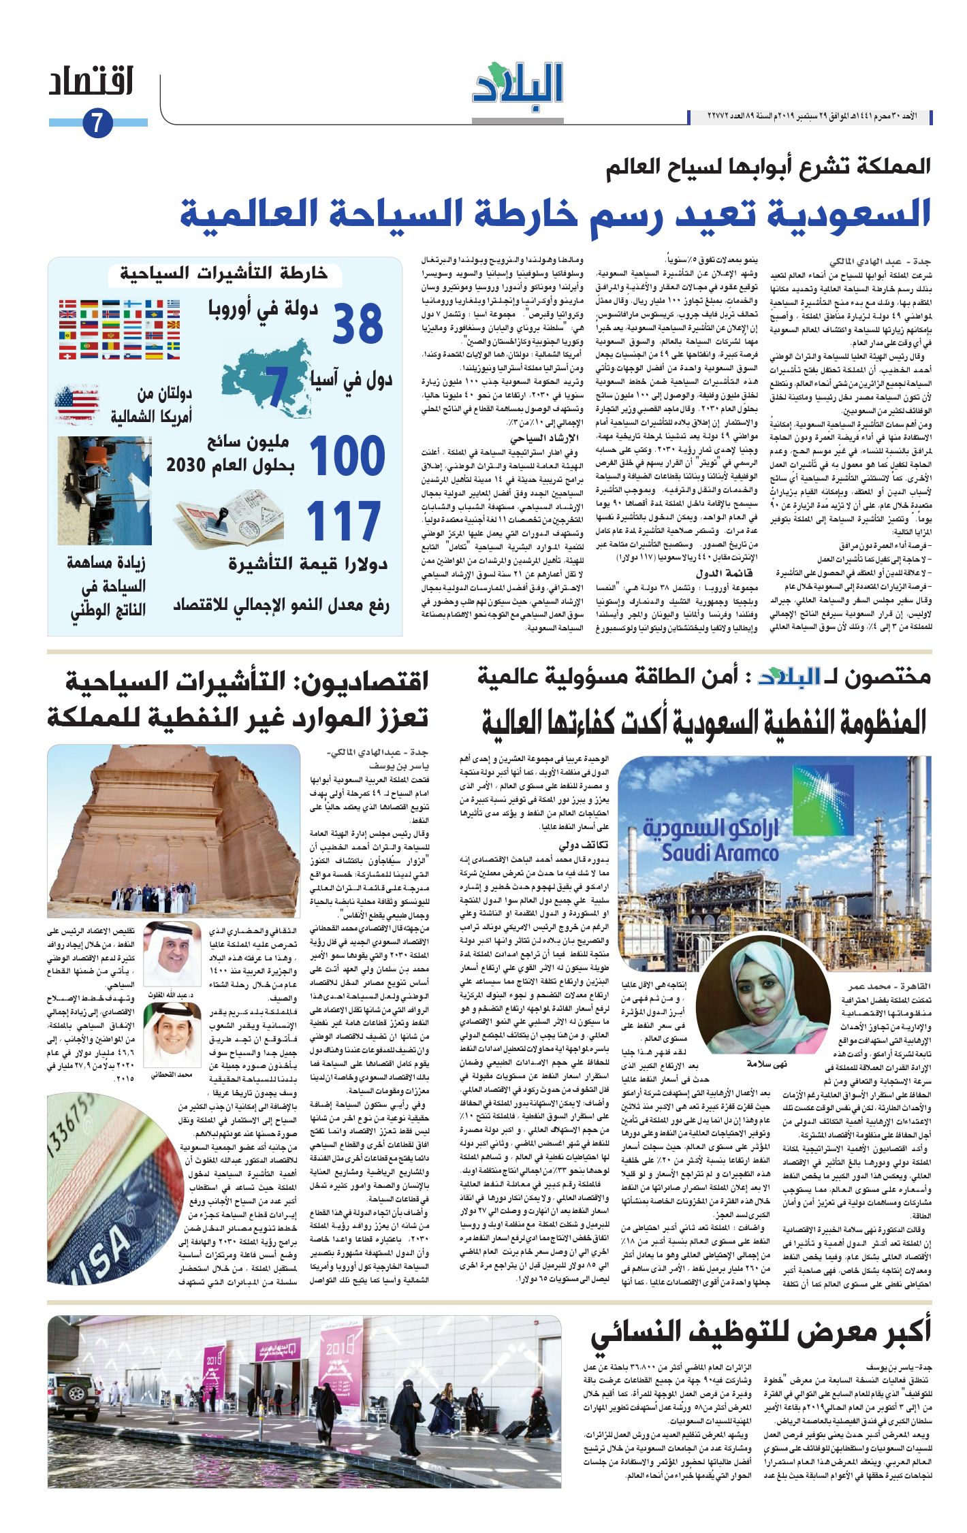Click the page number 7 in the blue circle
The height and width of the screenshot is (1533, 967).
pyautogui.click(x=97, y=124)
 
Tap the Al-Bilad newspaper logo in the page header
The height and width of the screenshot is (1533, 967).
pyautogui.click(x=518, y=84)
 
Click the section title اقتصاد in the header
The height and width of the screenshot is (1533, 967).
pyautogui.click(x=91, y=82)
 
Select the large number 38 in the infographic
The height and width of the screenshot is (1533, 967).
pyautogui.click(x=358, y=325)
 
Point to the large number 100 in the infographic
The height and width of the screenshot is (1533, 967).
pyautogui.click(x=348, y=455)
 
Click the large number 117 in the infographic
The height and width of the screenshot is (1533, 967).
pyautogui.click(x=343, y=521)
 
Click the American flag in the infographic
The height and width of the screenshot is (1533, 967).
pyautogui.click(x=76, y=404)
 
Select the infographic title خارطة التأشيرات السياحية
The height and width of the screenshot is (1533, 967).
pyautogui.click(x=223, y=274)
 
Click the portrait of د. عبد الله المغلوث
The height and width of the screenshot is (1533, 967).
pyautogui.click(x=172, y=954)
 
